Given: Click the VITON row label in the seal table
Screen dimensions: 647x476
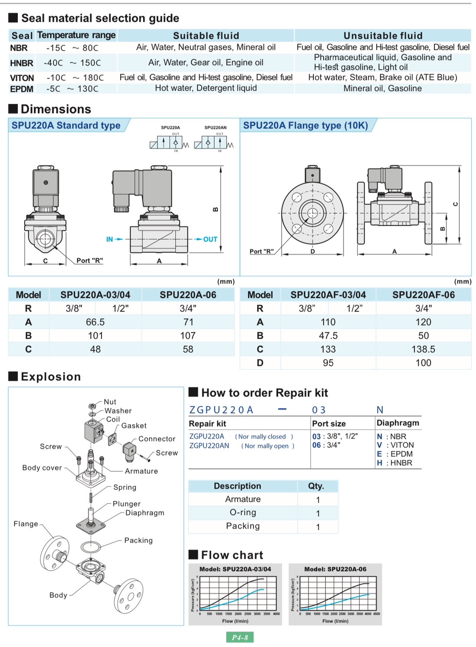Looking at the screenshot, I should coord(22,78).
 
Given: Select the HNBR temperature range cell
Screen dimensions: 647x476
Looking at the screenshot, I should coord(72,63).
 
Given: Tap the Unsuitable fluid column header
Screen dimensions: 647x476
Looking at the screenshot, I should coord(383,36).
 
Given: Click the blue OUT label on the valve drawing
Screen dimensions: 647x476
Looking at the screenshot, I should coord(210,239).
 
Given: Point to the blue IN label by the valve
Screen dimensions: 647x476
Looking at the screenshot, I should coord(110,239).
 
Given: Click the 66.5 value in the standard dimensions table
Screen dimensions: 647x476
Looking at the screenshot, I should coord(95,322).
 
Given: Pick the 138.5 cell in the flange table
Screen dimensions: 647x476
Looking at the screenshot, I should coord(423,349).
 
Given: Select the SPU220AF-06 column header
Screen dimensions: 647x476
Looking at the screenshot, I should coord(423,295).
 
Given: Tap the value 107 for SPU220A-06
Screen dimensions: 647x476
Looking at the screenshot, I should coord(188,335).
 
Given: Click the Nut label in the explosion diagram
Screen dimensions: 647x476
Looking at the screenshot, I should coord(110,402).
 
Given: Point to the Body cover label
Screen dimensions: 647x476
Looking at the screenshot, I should coord(42,468).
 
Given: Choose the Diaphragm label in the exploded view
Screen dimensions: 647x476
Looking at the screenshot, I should coord(145,512).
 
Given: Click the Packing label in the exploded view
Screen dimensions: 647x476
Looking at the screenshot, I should coord(138,540).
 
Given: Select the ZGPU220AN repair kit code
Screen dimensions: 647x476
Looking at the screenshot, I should coord(209,446).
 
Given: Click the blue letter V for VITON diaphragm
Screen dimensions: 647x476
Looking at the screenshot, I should coord(379,445).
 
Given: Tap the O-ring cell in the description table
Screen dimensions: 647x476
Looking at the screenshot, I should coord(243,512).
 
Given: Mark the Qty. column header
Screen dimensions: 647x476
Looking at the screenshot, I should coord(316,486).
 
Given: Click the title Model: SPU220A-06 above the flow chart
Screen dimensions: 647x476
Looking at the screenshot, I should coord(335,569).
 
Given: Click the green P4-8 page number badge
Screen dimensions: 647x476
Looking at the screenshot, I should coord(240,637).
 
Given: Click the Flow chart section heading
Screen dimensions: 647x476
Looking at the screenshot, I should coord(232,555).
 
